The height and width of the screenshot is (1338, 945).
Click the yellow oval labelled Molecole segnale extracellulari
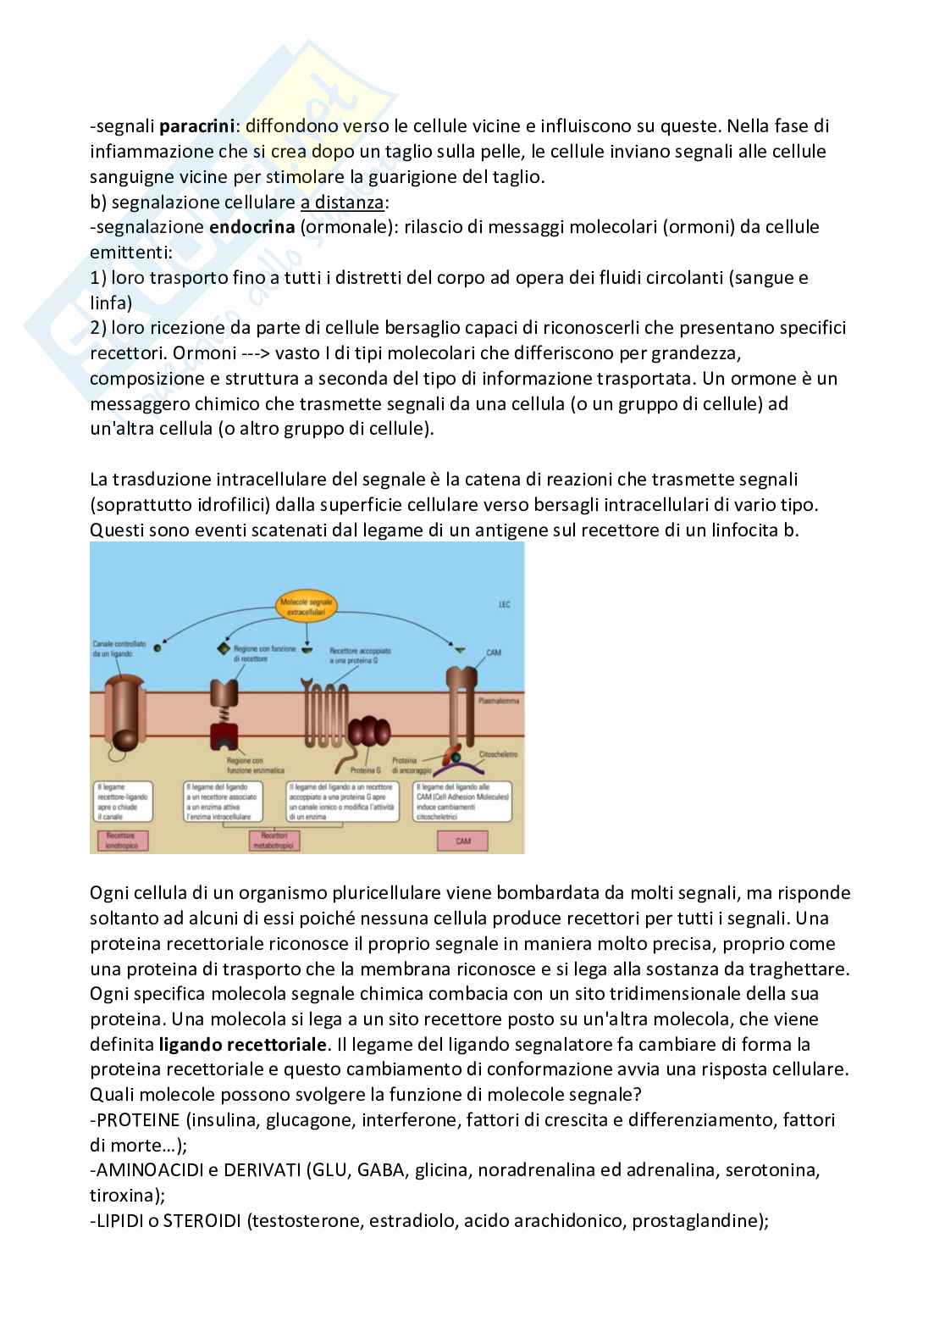[x=307, y=606]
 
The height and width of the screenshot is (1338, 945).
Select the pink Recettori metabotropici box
[x=274, y=840]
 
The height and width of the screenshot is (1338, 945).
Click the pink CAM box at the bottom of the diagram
[x=463, y=841]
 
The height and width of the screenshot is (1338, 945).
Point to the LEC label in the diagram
[x=504, y=605]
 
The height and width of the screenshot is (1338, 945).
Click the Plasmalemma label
[x=499, y=701]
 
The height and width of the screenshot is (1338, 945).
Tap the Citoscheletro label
[x=498, y=753]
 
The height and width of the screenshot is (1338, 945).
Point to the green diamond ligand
[x=224, y=650]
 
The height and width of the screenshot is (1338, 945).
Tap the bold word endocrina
[x=251, y=227]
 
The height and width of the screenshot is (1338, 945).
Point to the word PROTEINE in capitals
[x=137, y=1119]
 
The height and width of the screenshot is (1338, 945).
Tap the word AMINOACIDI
[x=146, y=1170]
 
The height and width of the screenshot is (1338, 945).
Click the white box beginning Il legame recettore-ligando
[x=124, y=802]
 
